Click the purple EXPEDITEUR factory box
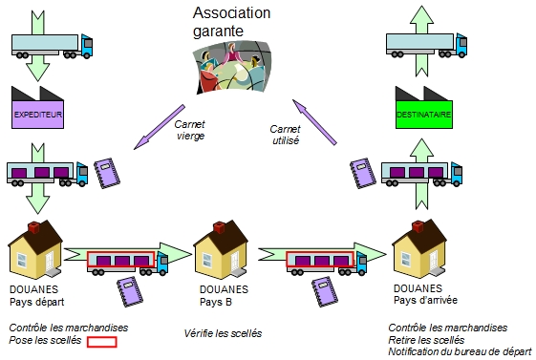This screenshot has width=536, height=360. pos(37,114)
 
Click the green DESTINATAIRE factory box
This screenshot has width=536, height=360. pos(424,114)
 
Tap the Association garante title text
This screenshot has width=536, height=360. pos(231,22)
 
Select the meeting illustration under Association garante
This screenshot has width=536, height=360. pos(232,68)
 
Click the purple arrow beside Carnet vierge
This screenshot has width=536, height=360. pos(160,127)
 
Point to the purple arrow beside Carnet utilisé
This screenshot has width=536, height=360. pos(314,122)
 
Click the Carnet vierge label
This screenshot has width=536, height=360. pos(190,130)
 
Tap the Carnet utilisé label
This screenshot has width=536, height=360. pos(285,135)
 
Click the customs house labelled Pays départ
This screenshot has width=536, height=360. pos(34,249)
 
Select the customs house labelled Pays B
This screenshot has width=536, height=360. pos(221,249)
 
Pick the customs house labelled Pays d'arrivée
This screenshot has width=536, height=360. pos(419,248)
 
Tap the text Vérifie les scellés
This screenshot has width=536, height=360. pos(223,333)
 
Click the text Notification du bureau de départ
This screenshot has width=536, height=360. pos(461,351)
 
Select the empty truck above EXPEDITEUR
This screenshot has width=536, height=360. pos(52,46)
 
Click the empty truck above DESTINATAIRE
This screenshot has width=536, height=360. pos(427,45)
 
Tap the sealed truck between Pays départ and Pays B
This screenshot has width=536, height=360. pos(127,263)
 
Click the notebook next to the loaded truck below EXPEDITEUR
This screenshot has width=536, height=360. pos(107,173)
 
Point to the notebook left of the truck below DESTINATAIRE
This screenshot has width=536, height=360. pos(363,173)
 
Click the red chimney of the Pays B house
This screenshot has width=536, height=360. pos(219,227)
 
